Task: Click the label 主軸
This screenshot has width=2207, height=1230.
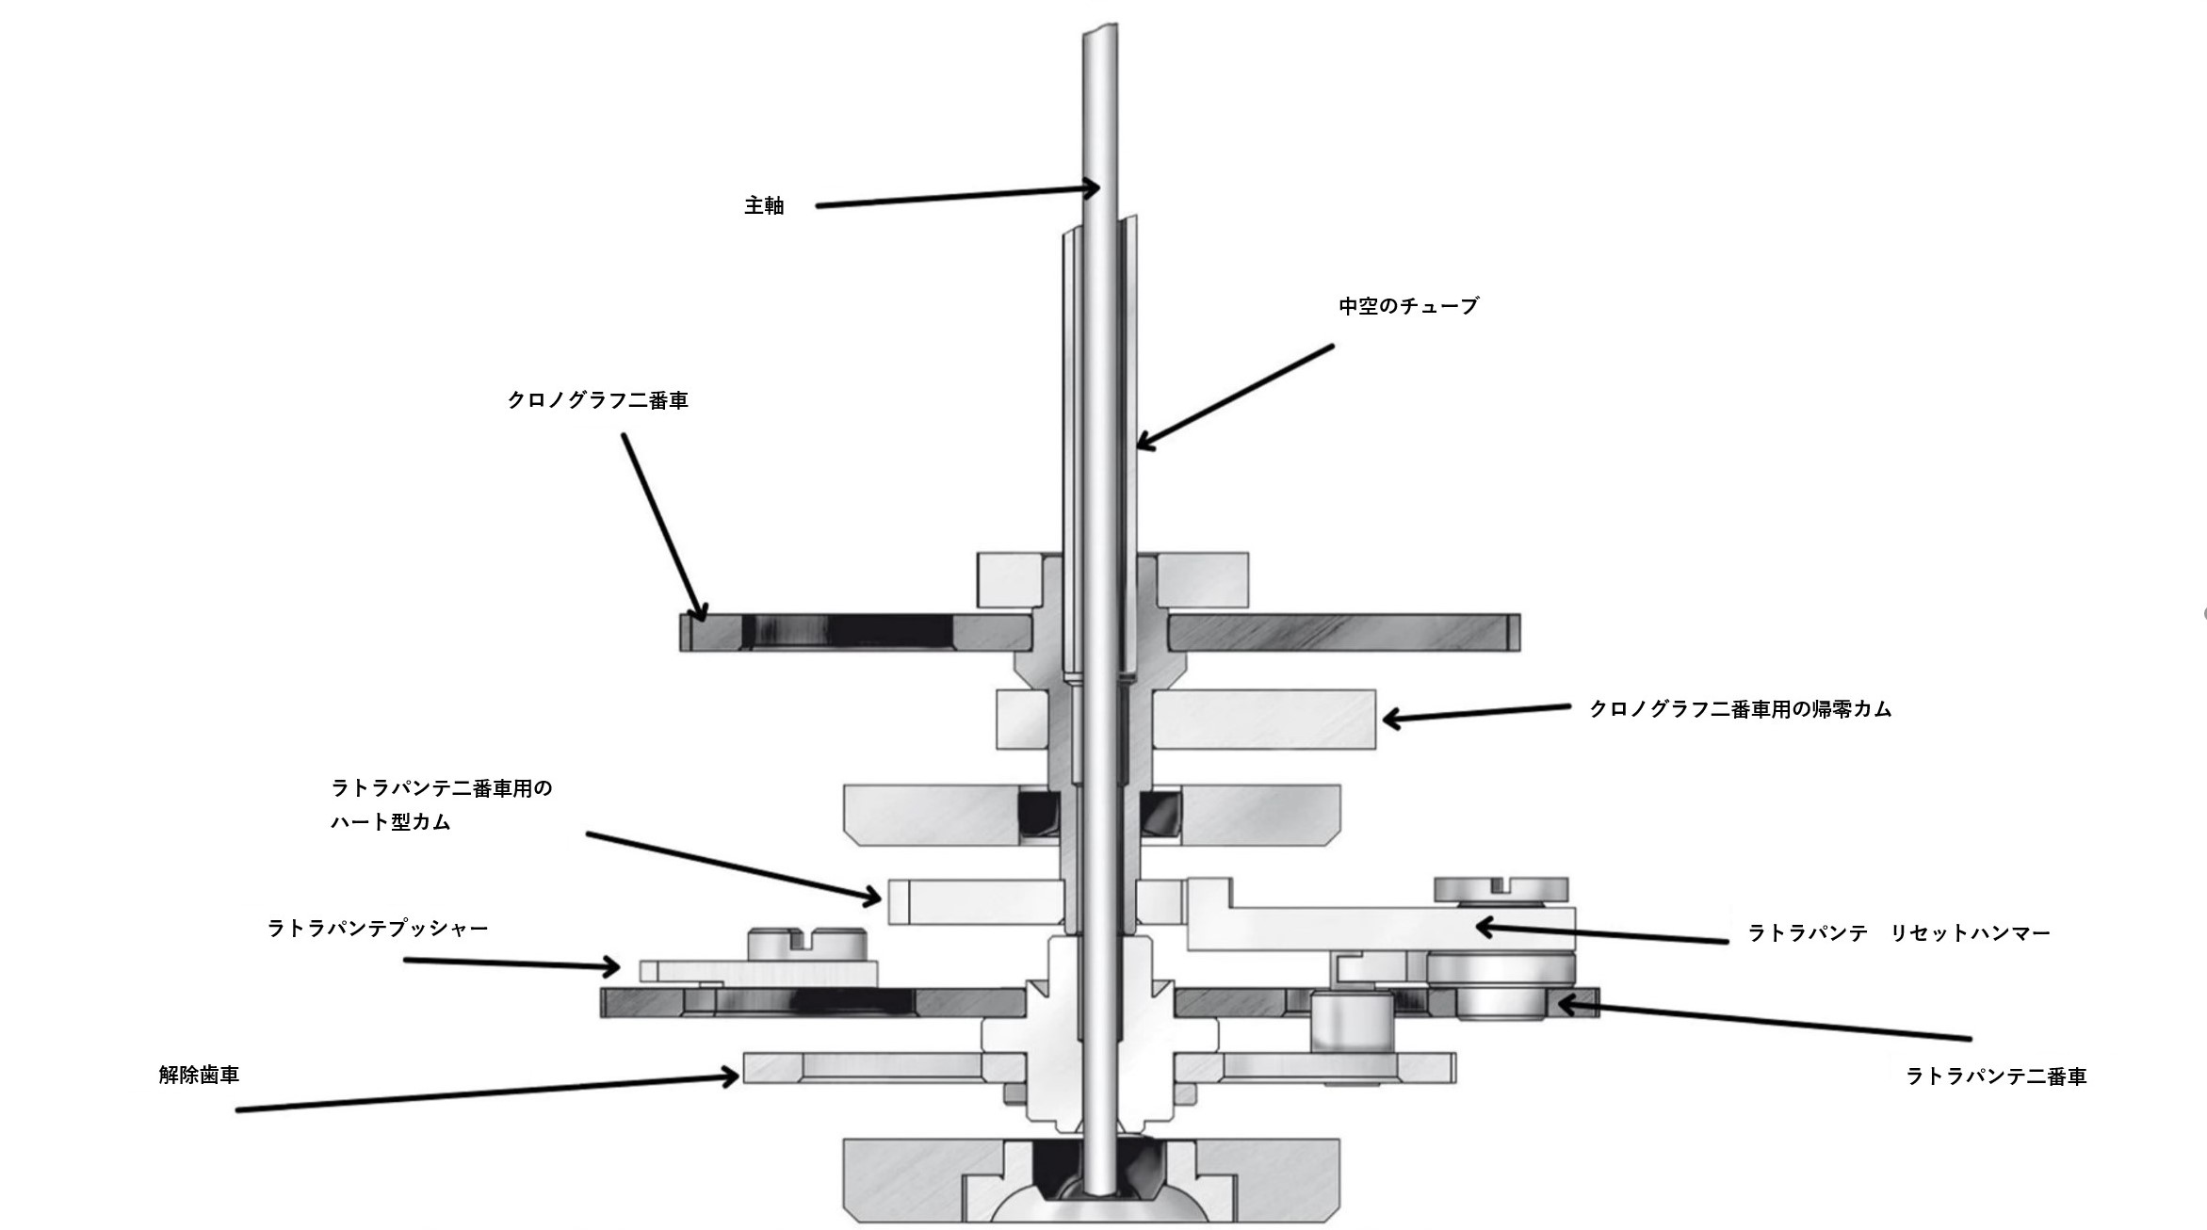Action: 764,205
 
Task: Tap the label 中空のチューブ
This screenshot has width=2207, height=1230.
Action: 1408,306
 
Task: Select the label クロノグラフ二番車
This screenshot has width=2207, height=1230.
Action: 598,400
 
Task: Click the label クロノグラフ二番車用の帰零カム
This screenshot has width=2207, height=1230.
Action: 1740,709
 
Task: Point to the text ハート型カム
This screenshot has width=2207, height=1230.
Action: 391,822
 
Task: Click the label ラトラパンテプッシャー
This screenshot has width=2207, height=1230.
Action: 378,929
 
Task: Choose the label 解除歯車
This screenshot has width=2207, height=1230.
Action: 199,1075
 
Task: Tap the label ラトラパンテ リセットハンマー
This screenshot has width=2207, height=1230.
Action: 1899,933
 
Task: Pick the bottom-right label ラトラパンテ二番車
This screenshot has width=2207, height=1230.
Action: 1996,1076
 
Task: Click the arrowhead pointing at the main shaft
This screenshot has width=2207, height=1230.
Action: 1091,189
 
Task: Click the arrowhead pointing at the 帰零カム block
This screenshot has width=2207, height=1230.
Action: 1391,720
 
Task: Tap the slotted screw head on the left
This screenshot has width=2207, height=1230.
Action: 806,944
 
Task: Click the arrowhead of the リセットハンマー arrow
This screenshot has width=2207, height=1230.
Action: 1485,927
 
